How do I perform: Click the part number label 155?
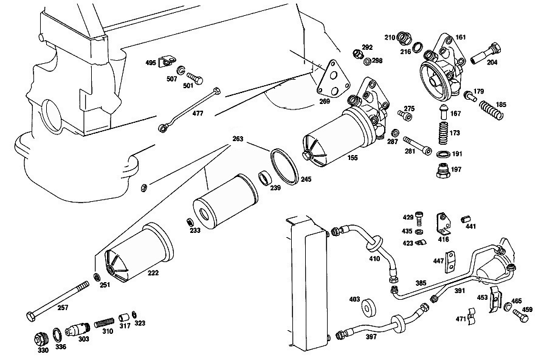(x=353, y=157)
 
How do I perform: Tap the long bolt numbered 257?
(x=58, y=300)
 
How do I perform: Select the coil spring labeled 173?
(x=444, y=133)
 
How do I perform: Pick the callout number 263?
(x=238, y=139)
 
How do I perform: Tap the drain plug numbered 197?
(x=443, y=170)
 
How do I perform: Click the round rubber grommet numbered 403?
(x=369, y=307)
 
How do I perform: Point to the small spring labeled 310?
(x=104, y=324)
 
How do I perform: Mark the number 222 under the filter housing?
(x=153, y=272)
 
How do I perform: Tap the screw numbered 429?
(x=419, y=218)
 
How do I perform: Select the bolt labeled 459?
(x=520, y=315)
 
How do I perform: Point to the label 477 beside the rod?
(x=198, y=113)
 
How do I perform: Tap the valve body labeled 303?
(x=79, y=330)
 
